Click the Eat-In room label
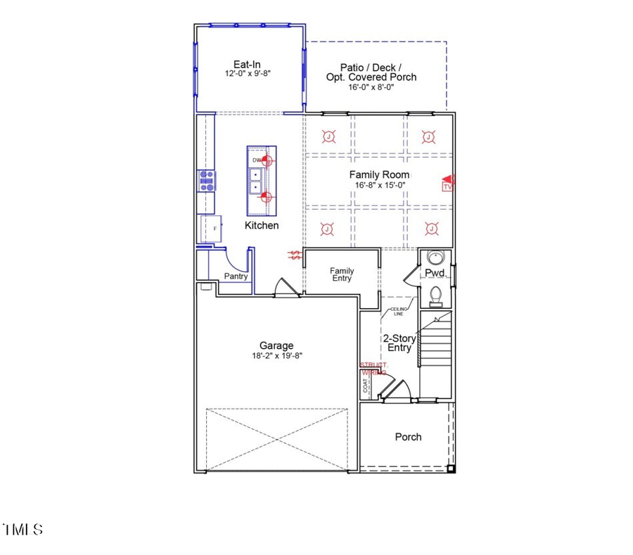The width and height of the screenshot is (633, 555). (x=247, y=64)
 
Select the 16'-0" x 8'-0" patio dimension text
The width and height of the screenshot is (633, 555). (x=371, y=88)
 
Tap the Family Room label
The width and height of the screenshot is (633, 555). (x=380, y=174)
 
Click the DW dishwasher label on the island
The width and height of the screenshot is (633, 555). (x=257, y=160)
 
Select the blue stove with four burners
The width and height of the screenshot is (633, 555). (x=207, y=181)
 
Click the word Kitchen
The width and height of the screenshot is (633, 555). (x=262, y=226)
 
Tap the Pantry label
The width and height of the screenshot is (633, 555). (x=236, y=276)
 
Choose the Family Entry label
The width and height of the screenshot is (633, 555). (x=342, y=274)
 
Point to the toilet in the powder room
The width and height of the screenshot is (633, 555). (x=435, y=295)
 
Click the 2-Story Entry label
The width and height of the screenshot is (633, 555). (x=399, y=343)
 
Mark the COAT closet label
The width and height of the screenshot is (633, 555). (x=366, y=386)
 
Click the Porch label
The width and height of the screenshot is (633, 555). (x=408, y=437)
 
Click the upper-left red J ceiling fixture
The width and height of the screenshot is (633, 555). (x=327, y=136)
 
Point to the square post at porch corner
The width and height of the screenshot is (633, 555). (x=451, y=468)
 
